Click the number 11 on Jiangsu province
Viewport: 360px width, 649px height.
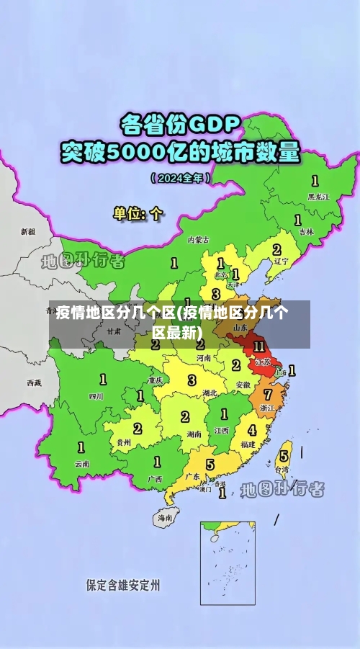[259, 346]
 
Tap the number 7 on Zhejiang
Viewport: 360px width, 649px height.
[268, 394]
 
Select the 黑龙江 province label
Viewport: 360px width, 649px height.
[318, 196]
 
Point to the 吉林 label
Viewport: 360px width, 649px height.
[306, 232]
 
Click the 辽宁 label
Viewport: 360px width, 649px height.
[281, 261]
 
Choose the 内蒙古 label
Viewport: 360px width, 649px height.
[199, 239]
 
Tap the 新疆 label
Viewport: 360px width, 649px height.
[27, 232]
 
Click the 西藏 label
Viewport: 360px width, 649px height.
[34, 382]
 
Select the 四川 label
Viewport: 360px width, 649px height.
[96, 395]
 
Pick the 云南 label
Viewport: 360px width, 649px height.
[81, 464]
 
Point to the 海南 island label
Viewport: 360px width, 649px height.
[165, 517]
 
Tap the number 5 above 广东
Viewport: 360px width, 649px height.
[210, 465]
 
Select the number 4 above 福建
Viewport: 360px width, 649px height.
[251, 430]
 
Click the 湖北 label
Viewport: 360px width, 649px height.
[210, 393]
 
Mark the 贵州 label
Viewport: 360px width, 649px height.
[123, 442]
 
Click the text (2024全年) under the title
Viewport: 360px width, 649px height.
[180, 177]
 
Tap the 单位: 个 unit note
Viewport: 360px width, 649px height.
[138, 213]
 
